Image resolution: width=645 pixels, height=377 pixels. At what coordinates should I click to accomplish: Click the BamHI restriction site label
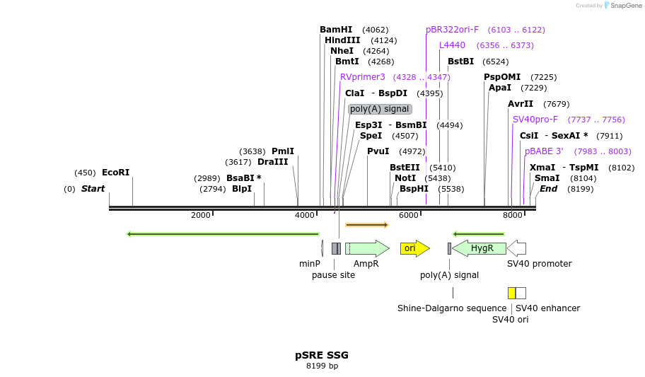(x=336, y=30)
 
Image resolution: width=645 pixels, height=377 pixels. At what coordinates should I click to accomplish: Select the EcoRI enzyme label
(x=116, y=173)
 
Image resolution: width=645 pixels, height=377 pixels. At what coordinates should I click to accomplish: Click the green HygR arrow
(x=480, y=248)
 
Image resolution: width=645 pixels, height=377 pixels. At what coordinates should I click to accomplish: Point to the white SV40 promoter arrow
(x=517, y=248)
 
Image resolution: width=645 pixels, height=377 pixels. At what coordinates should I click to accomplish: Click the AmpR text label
(x=366, y=264)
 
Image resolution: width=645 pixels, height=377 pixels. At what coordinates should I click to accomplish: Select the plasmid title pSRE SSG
(x=322, y=355)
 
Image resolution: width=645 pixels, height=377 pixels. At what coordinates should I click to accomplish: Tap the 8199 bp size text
(x=322, y=366)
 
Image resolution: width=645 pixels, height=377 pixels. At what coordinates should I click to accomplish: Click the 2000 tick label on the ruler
(x=200, y=215)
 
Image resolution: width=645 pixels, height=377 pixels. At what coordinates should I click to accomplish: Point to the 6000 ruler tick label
(x=408, y=215)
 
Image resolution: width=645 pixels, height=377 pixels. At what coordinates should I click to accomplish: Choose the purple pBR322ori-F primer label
(x=452, y=30)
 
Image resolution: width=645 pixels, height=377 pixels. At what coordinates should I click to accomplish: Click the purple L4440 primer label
(x=452, y=45)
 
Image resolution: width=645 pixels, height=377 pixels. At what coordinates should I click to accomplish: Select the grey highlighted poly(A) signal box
(x=380, y=109)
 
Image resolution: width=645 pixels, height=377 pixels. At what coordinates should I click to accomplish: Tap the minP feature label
(x=310, y=264)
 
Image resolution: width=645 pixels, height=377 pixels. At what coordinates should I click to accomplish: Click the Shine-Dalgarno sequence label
(x=452, y=308)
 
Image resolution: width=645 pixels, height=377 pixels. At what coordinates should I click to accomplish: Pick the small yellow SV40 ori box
(x=511, y=293)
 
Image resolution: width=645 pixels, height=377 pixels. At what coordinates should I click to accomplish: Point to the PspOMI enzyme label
(x=502, y=77)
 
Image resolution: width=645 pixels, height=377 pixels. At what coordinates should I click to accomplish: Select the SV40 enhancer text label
(x=547, y=308)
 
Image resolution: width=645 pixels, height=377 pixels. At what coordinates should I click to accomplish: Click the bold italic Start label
(x=93, y=189)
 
